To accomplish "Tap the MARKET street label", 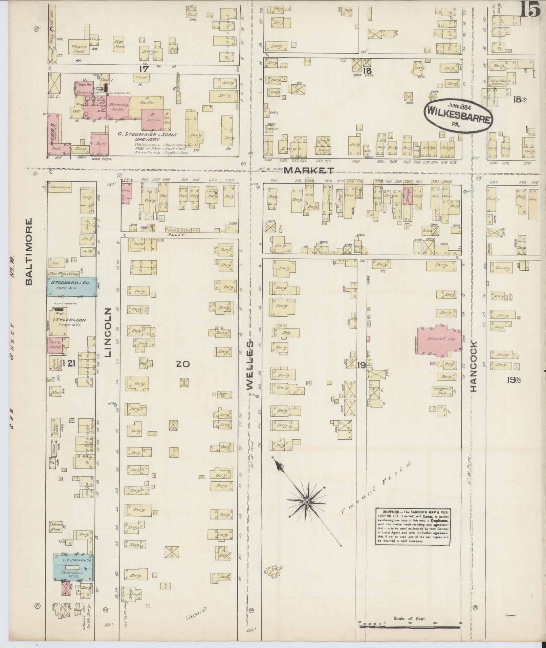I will point(309,170).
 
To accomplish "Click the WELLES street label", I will point(249,365).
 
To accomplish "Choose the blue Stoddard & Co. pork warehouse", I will point(72,287).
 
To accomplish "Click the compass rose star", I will point(306,501).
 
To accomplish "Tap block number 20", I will point(182,364).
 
